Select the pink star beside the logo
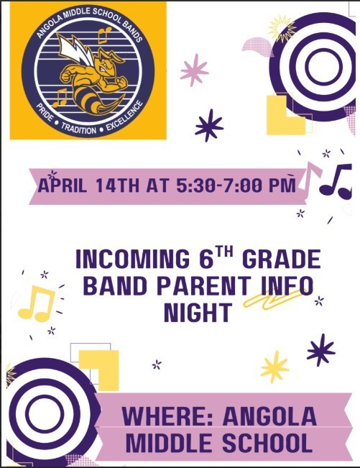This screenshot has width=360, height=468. click(194, 70)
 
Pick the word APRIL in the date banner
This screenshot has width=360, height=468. click(64, 185)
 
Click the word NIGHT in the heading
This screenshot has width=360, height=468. click(198, 313)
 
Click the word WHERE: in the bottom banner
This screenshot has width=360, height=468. click(166, 416)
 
